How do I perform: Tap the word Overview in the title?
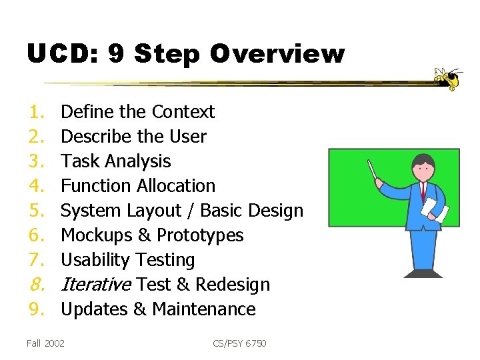coord(277,53)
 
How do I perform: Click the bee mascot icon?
coord(448,79)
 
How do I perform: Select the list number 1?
coord(34,112)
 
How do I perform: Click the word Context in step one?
coord(183,112)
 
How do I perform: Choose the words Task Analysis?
coord(115,161)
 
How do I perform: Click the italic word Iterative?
coord(97,285)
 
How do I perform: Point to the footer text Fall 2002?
coord(45,343)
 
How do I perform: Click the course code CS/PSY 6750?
coord(239,343)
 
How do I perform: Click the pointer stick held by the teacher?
coord(373,171)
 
